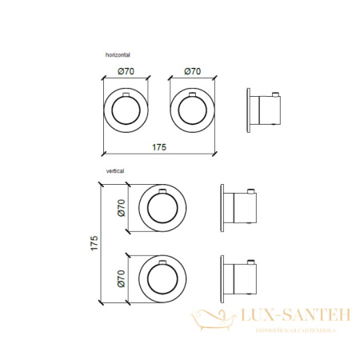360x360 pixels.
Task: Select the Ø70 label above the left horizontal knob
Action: (x=126, y=72)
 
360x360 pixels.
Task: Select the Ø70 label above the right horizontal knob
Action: (x=192, y=72)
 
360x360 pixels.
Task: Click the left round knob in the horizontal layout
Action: (x=126, y=110)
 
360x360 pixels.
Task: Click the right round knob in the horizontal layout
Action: (x=192, y=110)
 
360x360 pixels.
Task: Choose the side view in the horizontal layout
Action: (x=266, y=110)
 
